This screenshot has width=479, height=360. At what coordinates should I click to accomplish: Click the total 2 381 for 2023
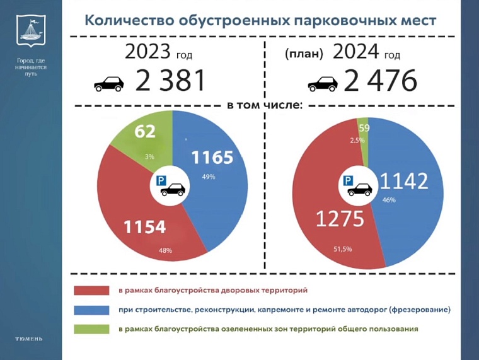point(171,81)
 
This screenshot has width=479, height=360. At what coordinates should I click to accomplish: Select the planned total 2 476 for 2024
point(380,81)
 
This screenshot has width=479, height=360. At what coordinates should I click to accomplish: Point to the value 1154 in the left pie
point(144,227)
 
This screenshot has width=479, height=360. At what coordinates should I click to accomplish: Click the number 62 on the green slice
point(145,132)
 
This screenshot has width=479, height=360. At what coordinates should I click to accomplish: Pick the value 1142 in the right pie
point(403,181)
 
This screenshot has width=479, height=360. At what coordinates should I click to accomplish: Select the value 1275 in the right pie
point(340,219)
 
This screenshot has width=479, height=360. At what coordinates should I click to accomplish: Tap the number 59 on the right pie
point(364,128)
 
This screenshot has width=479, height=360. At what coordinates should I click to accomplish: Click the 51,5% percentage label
point(342,249)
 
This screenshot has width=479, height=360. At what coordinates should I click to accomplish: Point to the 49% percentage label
point(209,177)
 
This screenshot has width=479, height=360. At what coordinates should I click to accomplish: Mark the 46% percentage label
point(388,200)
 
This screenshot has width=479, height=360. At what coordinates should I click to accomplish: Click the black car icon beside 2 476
point(322,83)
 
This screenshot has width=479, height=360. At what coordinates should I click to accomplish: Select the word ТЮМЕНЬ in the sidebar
point(30,339)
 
